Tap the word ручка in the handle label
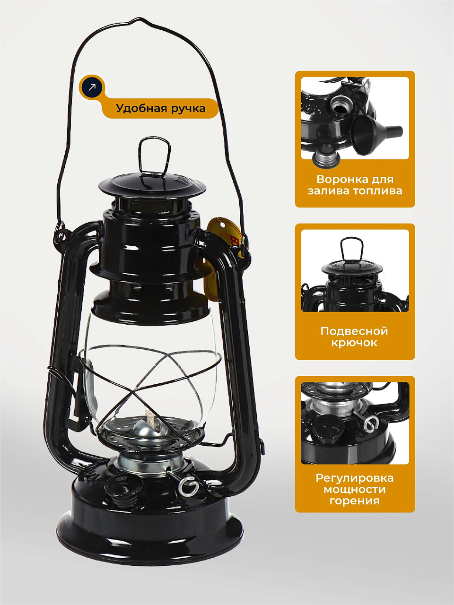[188, 109]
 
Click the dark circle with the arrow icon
[92, 87]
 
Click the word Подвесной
[354, 331]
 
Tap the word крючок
[354, 343]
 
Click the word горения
[355, 501]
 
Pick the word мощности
[355, 489]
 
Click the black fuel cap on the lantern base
[124, 485]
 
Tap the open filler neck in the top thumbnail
[340, 104]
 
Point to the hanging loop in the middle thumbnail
[351, 248]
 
